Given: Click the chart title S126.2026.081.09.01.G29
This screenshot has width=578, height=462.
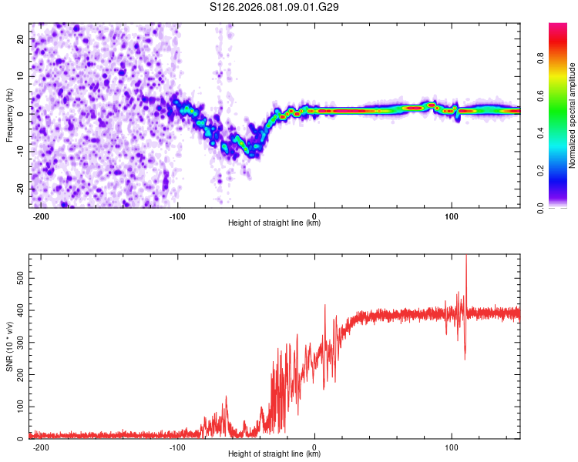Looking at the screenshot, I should coord(275,7).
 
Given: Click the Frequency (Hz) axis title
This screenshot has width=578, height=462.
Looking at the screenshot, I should coord(9,115).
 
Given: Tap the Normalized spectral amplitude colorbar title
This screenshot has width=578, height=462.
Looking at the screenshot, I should coord(573,115).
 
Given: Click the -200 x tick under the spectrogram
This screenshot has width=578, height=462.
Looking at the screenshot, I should coord(42,216).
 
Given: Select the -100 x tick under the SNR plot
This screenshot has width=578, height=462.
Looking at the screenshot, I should coord(178,447).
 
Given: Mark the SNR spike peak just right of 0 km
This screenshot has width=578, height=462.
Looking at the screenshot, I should coord(325,305).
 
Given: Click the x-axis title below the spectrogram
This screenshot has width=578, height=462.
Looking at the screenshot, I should coord(274,223).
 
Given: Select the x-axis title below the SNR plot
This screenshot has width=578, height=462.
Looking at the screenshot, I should coord(274,454).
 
